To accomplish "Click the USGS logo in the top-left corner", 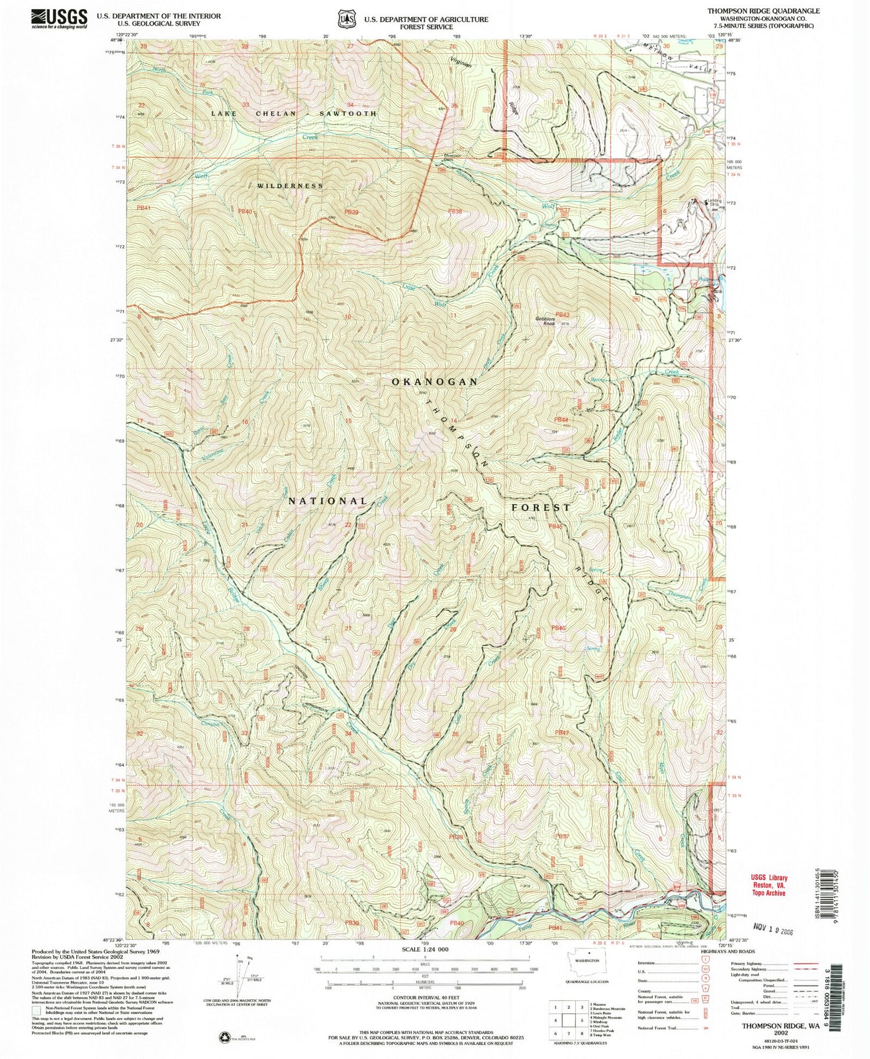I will point(59,19).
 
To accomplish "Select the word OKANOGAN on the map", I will point(435,381).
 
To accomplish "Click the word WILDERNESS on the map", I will point(290,185).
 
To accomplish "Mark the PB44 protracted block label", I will point(560,420).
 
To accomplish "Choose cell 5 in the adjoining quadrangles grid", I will point(568,1021).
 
